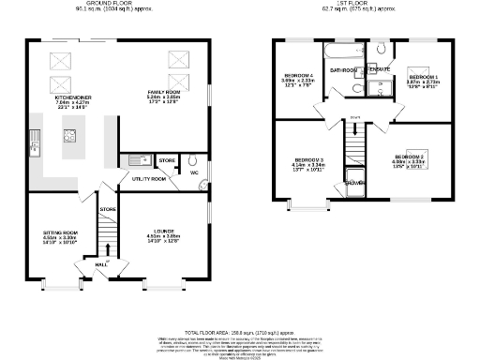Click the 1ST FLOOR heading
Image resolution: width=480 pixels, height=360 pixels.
[x=364, y=5]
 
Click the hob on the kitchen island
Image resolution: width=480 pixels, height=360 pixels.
[x=69, y=135]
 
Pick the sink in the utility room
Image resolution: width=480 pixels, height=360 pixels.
[x=137, y=160]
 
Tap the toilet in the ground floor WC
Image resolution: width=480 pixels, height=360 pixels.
[x=192, y=160]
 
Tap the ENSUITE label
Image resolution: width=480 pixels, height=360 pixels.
[x=378, y=69]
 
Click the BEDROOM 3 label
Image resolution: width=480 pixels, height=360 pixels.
[x=307, y=160]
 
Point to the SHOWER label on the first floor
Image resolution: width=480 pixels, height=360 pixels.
[x=356, y=182]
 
